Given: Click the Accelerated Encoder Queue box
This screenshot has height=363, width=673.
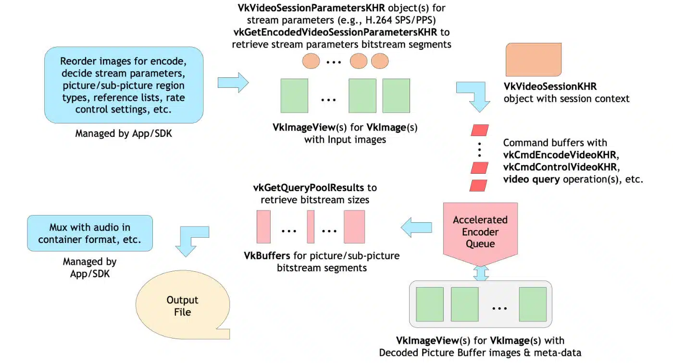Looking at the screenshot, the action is (x=480, y=231).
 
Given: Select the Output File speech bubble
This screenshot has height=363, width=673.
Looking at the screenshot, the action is (x=183, y=305).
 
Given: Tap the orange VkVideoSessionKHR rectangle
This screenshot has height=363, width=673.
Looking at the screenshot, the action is (x=534, y=60).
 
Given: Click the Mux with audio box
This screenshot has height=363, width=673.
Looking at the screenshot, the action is (x=90, y=233).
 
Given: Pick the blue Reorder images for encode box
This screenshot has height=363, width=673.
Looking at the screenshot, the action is (x=124, y=85).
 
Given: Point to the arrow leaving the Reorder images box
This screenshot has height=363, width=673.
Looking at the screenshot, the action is (x=233, y=83).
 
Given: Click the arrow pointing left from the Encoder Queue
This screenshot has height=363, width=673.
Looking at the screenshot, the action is (x=416, y=228).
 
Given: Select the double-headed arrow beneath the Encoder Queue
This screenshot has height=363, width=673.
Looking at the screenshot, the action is (x=481, y=273).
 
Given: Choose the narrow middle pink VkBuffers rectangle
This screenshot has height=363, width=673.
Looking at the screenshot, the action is (x=311, y=227).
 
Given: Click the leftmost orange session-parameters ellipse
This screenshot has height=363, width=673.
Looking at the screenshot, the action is (x=311, y=61).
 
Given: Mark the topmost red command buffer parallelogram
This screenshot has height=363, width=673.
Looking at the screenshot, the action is (x=480, y=130).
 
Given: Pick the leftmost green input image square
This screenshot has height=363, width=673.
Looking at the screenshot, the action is (x=294, y=96).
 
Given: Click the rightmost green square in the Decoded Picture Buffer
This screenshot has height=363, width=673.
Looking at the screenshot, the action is (x=533, y=304).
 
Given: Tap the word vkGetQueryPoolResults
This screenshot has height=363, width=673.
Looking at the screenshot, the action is (x=309, y=188).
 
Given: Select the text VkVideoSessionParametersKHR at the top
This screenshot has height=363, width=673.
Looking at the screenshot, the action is (x=312, y=8).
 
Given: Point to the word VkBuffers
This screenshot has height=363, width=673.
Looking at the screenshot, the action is (x=267, y=255).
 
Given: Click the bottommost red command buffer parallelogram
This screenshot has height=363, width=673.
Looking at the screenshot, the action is (x=478, y=186).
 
